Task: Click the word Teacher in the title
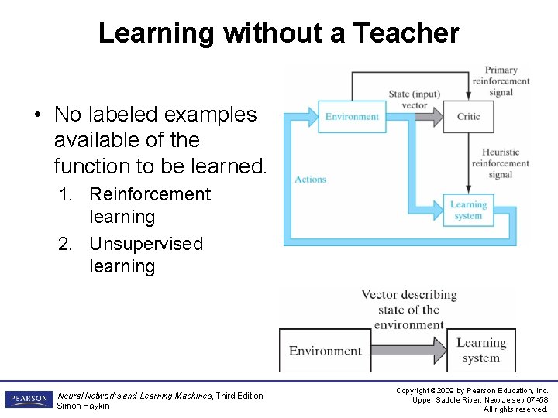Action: coord(407,33)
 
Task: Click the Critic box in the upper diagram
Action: coord(468,117)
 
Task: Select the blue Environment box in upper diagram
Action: coord(352,117)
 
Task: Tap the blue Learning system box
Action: coord(468,211)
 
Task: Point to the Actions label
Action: coord(310,180)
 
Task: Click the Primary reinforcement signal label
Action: coord(501,81)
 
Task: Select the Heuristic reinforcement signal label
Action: coord(500,163)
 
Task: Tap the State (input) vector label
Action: coord(415,99)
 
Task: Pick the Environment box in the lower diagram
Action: coord(325,351)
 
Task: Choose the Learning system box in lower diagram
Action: coord(480,351)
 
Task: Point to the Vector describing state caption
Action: coord(408,310)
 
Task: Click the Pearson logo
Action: coord(29,399)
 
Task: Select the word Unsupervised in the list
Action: coord(146,244)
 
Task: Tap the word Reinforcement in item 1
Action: coord(150,194)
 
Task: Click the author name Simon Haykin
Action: coord(84,406)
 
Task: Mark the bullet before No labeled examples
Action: coord(36,115)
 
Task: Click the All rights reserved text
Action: coord(515,409)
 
